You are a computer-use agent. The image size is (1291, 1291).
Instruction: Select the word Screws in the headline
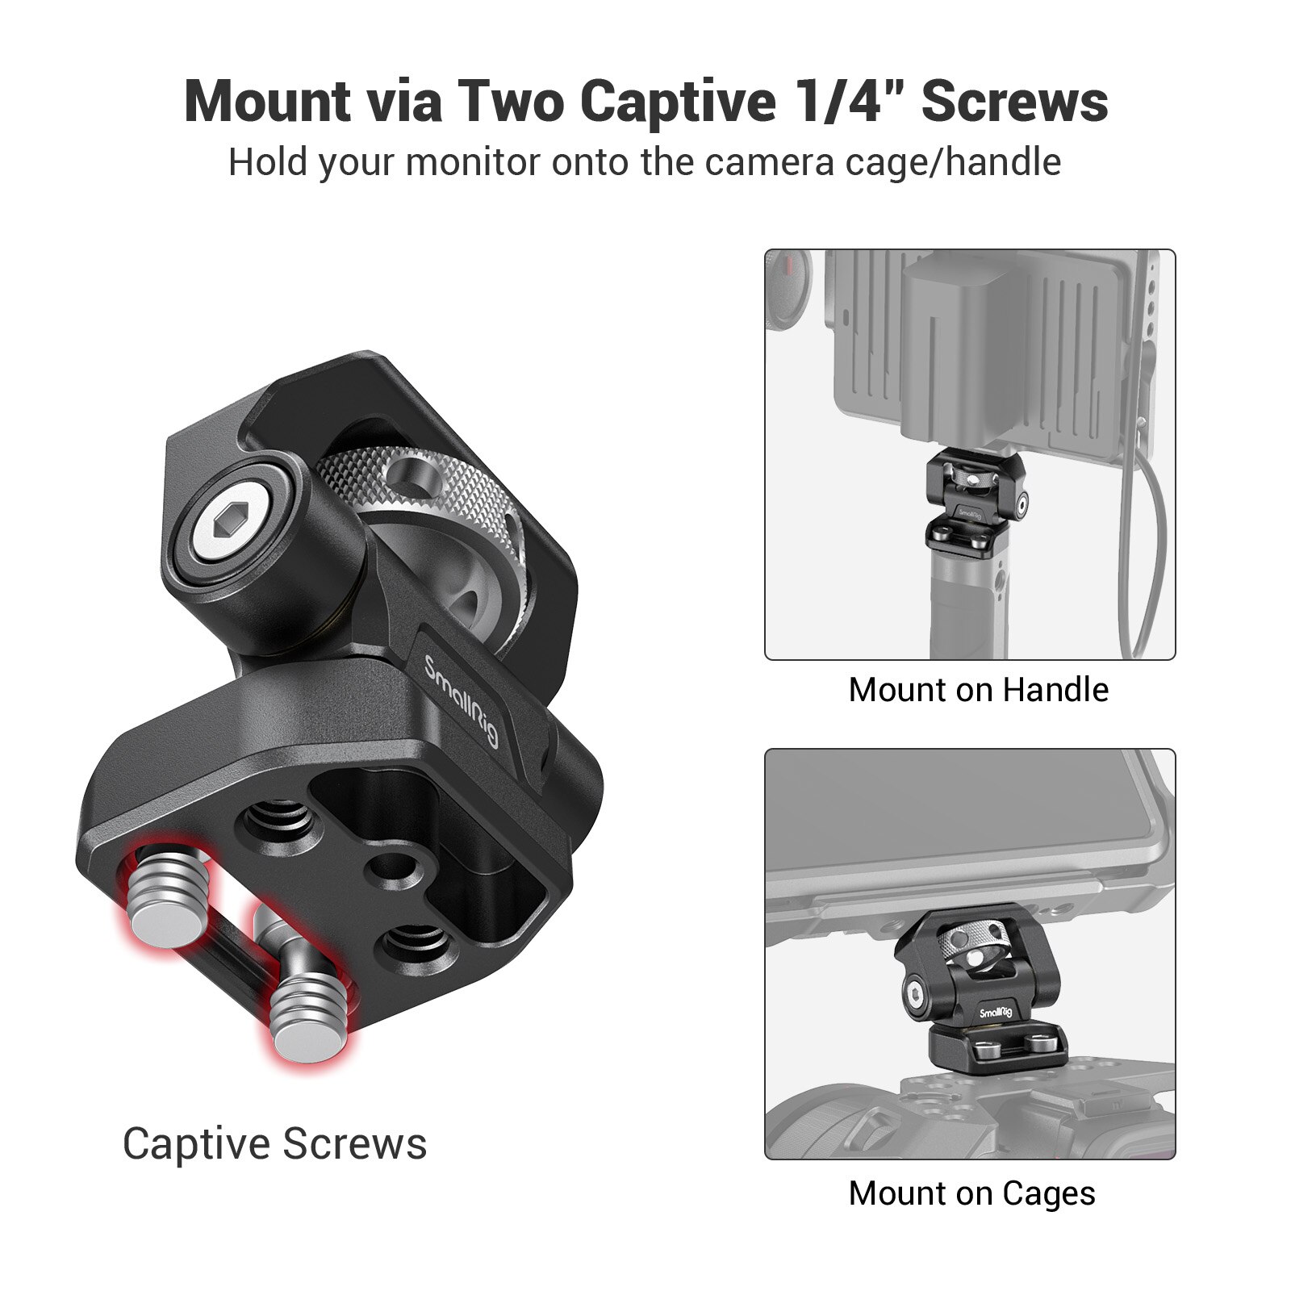point(1014,102)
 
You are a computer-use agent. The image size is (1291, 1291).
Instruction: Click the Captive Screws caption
point(274,1143)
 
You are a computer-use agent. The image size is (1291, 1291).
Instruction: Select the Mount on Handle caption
point(978,690)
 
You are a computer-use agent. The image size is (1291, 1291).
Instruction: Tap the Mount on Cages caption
point(971,1193)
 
